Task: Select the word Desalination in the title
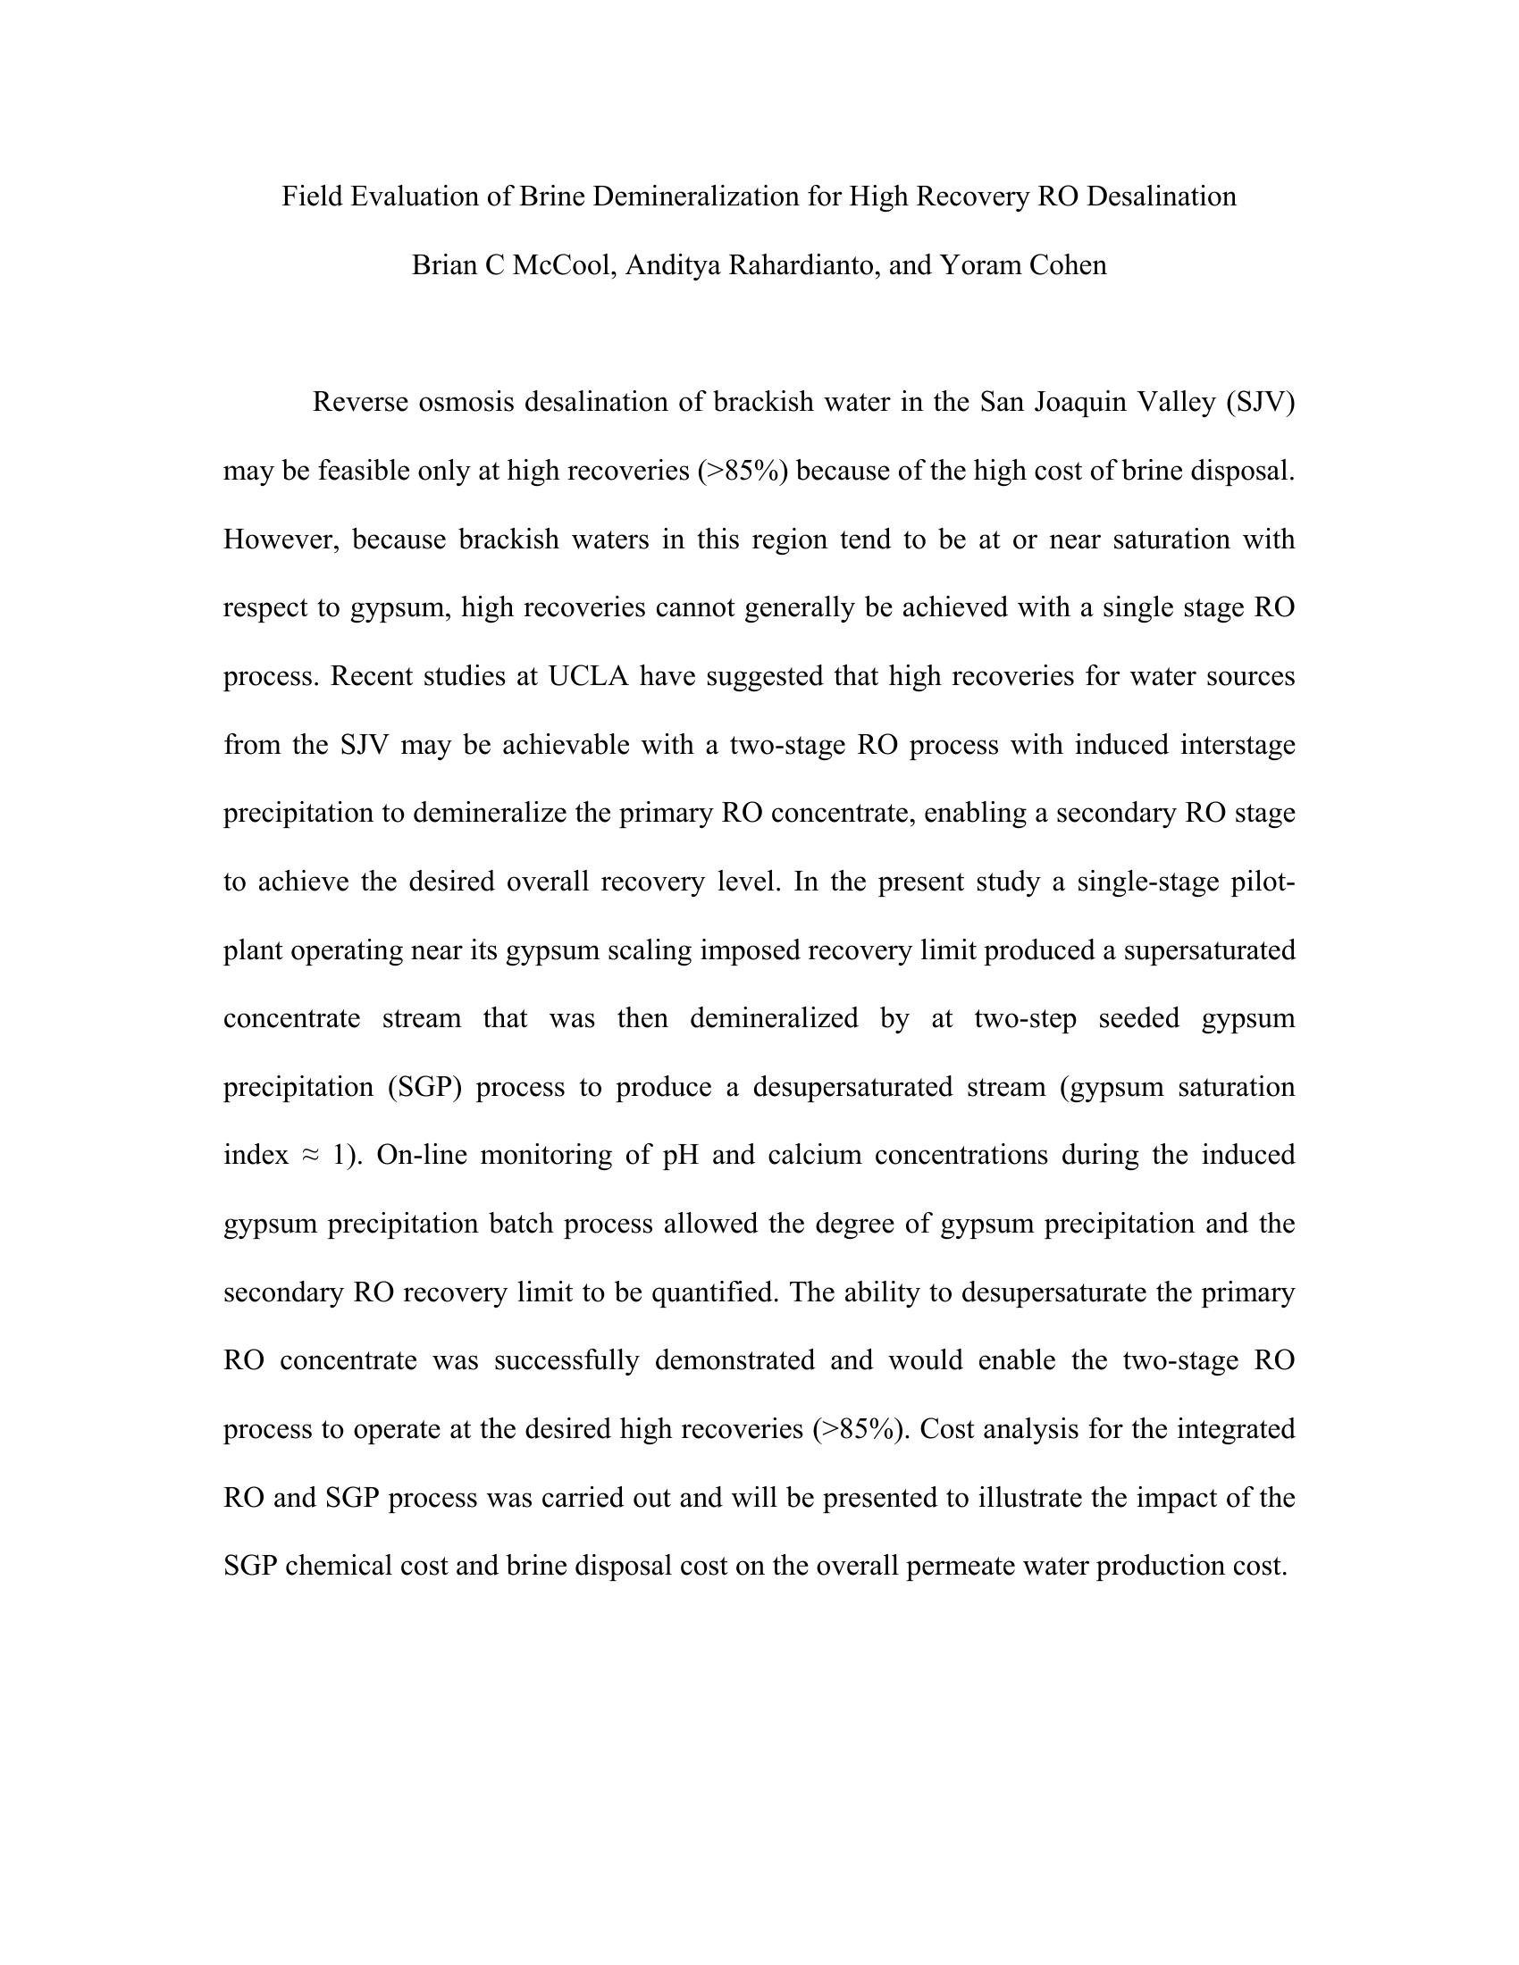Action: (1161, 196)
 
